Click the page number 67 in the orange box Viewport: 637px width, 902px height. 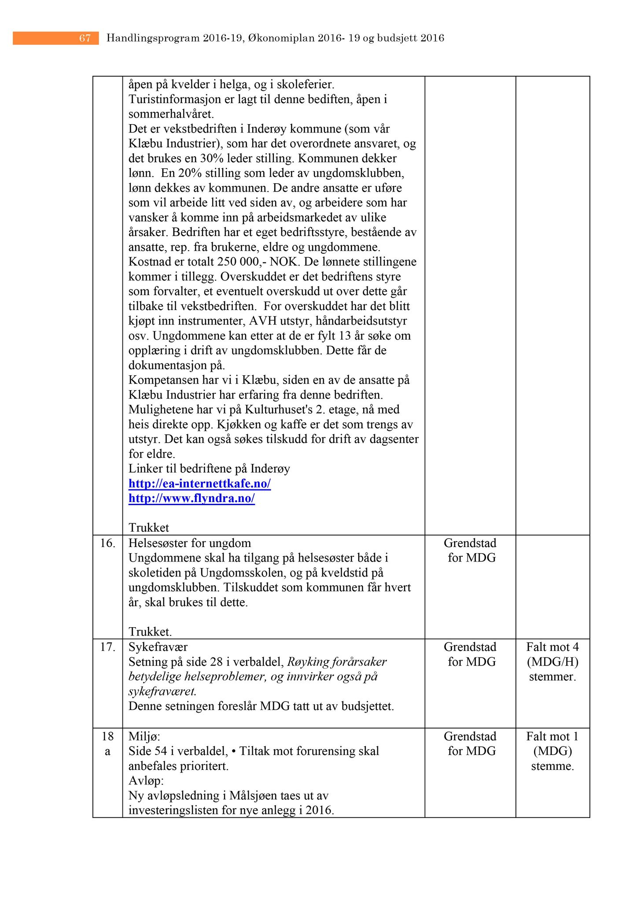[85, 38]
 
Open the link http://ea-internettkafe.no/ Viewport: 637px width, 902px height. [199, 484]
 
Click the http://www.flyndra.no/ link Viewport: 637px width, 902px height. [191, 499]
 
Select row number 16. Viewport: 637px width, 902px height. [107, 543]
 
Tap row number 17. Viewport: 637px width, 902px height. [107, 647]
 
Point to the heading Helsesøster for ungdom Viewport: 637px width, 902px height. [189, 543]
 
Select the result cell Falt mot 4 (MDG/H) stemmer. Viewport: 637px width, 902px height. [552, 662]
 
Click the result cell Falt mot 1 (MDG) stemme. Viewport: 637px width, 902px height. [552, 751]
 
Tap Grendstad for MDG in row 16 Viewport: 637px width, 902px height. [470, 551]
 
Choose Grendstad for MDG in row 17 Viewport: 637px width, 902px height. [470, 654]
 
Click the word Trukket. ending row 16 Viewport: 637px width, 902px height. [150, 632]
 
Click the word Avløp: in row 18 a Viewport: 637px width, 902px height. [146, 781]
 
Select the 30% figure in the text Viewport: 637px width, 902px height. [212, 158]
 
